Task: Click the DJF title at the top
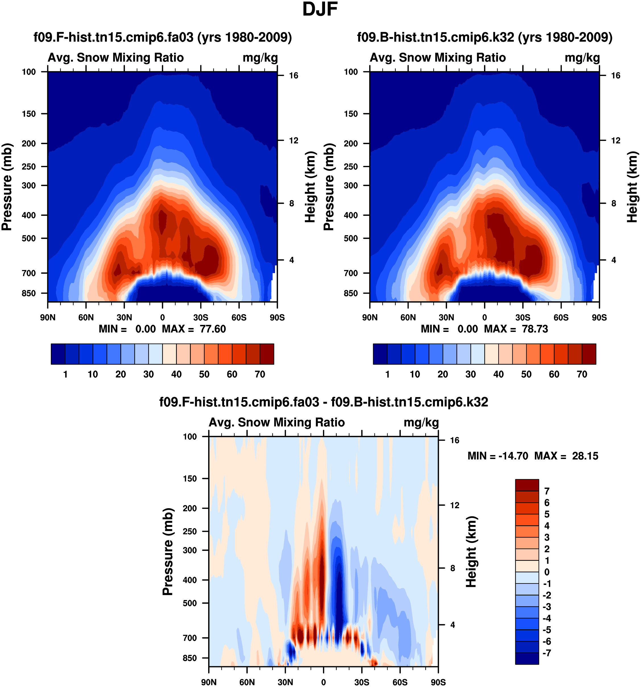point(320,9)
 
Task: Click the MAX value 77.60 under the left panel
point(213,329)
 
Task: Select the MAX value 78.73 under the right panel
point(535,329)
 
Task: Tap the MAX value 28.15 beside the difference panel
point(585,456)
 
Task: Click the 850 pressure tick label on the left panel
point(29,293)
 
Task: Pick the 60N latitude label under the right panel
point(408,317)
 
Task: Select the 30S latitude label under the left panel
point(201,317)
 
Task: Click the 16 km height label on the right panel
point(616,76)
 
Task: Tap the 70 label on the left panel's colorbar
point(260,374)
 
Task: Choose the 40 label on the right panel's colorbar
point(498,374)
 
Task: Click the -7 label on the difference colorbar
point(547,653)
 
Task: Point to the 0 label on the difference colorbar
point(547,572)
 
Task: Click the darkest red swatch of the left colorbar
point(267,354)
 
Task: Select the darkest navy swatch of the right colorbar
point(380,354)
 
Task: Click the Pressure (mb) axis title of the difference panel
point(168,552)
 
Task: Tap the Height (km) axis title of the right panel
point(632,187)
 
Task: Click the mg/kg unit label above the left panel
point(260,58)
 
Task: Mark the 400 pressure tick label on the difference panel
point(190,580)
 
